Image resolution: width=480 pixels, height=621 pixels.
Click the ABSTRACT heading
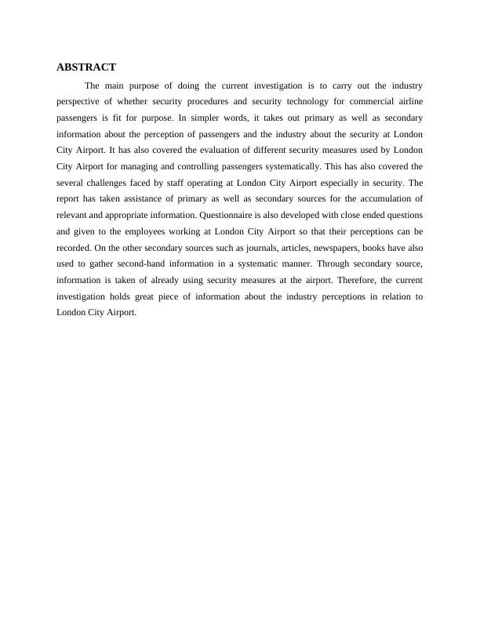[86, 67]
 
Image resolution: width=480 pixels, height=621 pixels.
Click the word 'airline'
[409, 102]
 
